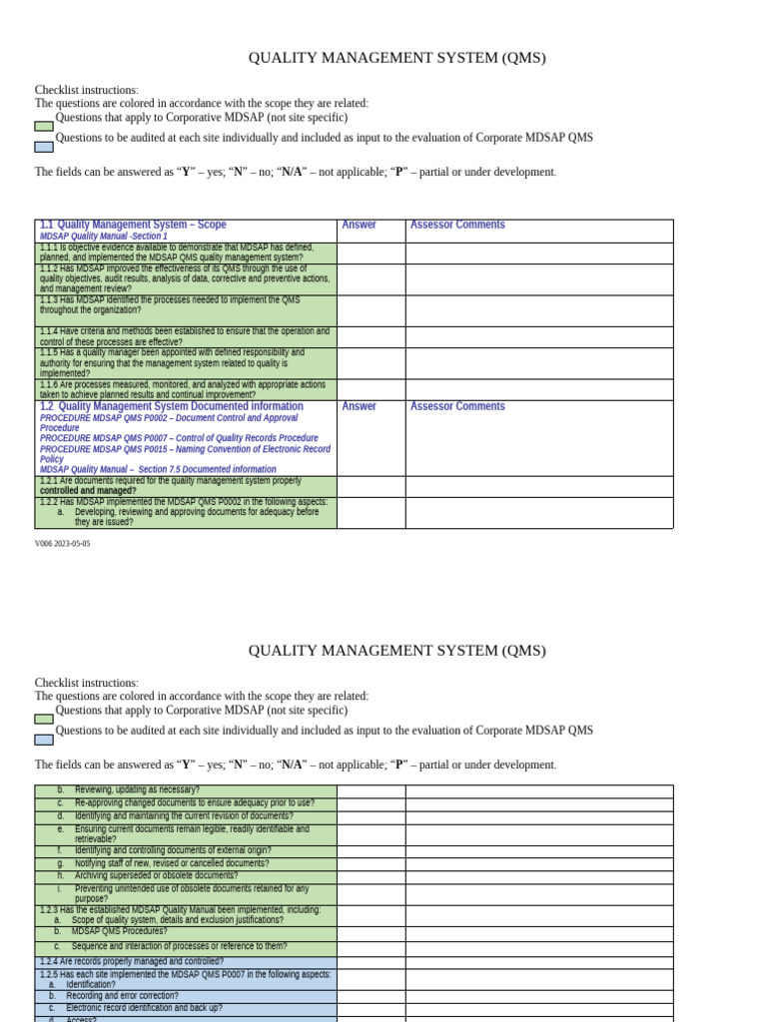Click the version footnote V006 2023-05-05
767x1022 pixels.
tap(62, 544)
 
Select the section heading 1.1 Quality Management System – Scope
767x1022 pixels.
tap(133, 226)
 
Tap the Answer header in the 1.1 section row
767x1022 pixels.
tap(359, 226)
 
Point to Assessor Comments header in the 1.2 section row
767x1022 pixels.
tap(457, 407)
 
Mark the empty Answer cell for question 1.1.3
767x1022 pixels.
tap(371, 310)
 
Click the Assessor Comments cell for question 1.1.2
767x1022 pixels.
tap(538, 279)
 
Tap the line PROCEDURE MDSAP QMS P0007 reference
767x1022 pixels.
tap(179, 438)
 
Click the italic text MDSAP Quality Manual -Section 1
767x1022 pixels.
tap(104, 237)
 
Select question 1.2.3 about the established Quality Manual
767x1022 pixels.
tap(180, 910)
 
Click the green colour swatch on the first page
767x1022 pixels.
tap(44, 127)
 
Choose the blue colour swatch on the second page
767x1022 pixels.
tap(44, 740)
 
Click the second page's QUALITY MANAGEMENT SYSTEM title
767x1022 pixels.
tap(396, 651)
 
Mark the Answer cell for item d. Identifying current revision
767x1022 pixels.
tap(371, 816)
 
